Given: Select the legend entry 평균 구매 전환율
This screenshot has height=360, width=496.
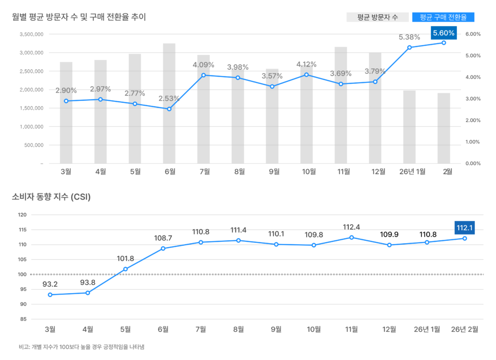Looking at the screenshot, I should pyautogui.click(x=443, y=17).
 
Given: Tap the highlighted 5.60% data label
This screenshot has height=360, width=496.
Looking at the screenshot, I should pyautogui.click(x=444, y=33).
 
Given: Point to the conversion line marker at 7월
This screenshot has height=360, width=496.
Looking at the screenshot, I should pyautogui.click(x=203, y=75).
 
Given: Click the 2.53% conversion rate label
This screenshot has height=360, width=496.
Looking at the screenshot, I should pyautogui.click(x=169, y=99).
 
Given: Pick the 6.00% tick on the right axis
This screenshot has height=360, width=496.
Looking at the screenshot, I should pyautogui.click(x=472, y=34).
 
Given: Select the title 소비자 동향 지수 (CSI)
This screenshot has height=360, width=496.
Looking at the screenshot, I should pyautogui.click(x=51, y=197).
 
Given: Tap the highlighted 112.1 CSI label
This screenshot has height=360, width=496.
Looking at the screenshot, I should pyautogui.click(x=465, y=227).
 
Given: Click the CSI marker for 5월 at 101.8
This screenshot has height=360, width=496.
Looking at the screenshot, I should pyautogui.click(x=125, y=269).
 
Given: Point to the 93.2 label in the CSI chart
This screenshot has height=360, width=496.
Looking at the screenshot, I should pyautogui.click(x=50, y=283).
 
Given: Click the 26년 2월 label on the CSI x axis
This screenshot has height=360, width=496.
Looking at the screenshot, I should pyautogui.click(x=465, y=329).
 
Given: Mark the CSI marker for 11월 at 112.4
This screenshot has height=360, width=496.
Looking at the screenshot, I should pyautogui.click(x=352, y=237).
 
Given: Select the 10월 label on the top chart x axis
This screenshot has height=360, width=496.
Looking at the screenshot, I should pyautogui.click(x=309, y=171).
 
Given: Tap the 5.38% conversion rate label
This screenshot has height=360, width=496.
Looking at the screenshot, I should pyautogui.click(x=409, y=37).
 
